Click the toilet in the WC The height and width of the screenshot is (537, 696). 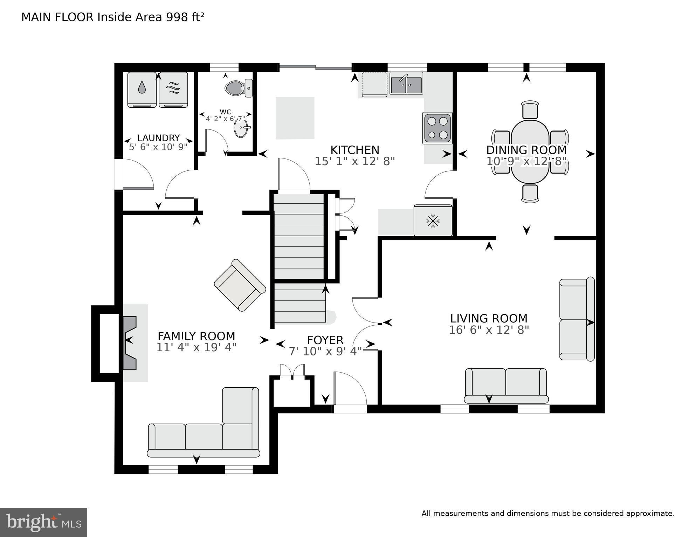point(239,88)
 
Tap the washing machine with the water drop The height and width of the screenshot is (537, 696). point(142,90)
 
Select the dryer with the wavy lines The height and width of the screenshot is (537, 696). point(173,90)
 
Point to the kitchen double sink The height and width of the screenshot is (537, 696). point(406,83)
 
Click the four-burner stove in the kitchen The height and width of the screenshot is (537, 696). point(437,128)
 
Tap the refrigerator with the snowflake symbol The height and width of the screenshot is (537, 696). point(433,221)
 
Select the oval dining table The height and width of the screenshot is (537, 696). point(530,151)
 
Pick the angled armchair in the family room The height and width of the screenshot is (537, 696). point(240,285)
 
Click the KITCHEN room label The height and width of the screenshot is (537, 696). point(355,150)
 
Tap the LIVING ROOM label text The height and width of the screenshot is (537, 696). point(489,318)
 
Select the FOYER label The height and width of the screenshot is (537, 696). point(325,340)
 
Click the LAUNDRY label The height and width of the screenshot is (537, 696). point(158,138)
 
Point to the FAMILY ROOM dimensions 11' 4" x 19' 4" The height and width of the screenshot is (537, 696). point(197,347)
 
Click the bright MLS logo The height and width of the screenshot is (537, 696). point(43,523)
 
